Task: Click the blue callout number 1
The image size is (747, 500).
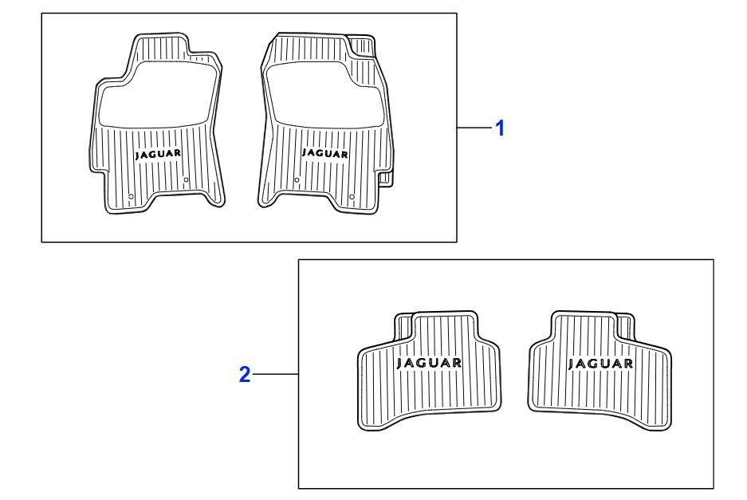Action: point(500,128)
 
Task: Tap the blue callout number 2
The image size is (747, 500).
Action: point(245,375)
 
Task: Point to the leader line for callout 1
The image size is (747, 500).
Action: point(474,128)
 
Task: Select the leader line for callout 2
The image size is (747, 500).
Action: point(276,374)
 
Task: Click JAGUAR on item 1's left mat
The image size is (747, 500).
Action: point(158,154)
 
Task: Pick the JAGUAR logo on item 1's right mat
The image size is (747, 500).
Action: point(325,153)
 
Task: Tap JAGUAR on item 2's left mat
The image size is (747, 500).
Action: point(429,363)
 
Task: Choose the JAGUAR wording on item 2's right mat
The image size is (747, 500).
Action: point(601,364)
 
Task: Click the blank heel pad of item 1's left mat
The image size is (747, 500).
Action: point(155,96)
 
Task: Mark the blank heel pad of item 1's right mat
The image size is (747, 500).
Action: point(324,96)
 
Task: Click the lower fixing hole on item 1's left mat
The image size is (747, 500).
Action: point(131,196)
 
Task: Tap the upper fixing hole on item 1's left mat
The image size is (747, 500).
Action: point(186,179)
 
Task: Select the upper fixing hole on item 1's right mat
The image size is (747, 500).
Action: point(297,180)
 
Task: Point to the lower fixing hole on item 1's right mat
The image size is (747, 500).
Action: point(352,197)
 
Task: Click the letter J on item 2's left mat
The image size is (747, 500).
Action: point(400,364)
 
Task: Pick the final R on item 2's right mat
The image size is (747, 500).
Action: point(628,364)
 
